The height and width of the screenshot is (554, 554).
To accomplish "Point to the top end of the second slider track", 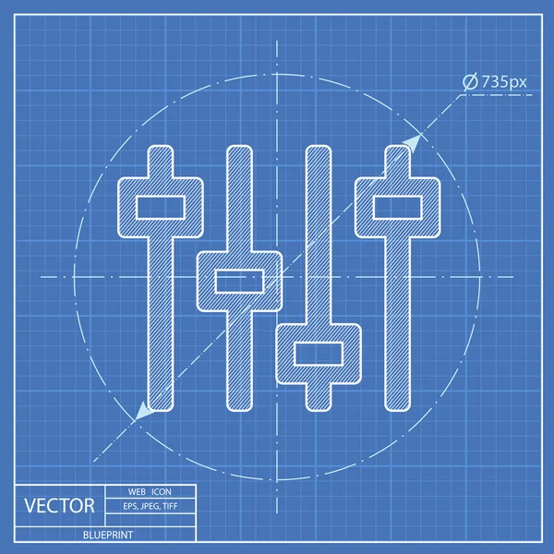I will click(x=239, y=152).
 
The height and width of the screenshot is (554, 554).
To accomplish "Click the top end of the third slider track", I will click(x=319, y=152).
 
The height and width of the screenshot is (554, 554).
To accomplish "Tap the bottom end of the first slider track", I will click(x=160, y=404).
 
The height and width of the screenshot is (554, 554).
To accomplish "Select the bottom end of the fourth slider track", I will click(x=398, y=404).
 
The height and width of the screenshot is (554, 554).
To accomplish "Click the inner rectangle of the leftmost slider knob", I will click(x=160, y=208).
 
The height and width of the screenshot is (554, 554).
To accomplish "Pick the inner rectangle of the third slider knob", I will click(x=319, y=353).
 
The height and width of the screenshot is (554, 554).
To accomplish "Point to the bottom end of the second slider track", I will click(x=239, y=404).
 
